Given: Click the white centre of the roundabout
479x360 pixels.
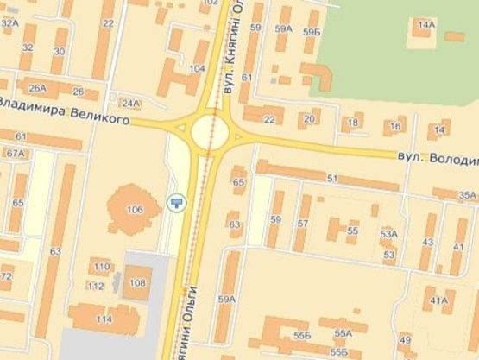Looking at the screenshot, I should (x=210, y=132).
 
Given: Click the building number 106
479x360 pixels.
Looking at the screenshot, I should (x=135, y=210).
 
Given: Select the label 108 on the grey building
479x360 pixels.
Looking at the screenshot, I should (x=137, y=282).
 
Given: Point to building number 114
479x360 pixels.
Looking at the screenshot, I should (x=104, y=319).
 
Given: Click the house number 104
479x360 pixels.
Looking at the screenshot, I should (x=197, y=68).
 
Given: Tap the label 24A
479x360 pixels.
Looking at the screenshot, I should (x=130, y=104).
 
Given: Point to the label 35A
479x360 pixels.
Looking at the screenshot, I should (x=467, y=195).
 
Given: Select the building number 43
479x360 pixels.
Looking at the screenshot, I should (x=427, y=242).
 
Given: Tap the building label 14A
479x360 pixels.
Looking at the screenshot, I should (x=425, y=24).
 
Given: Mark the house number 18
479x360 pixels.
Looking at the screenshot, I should (x=351, y=123).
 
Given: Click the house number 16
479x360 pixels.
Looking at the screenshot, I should (x=395, y=127).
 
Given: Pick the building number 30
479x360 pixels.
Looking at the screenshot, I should (x=58, y=51).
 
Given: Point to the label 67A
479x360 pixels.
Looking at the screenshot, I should (x=16, y=153).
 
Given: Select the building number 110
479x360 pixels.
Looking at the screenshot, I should (x=102, y=266).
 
